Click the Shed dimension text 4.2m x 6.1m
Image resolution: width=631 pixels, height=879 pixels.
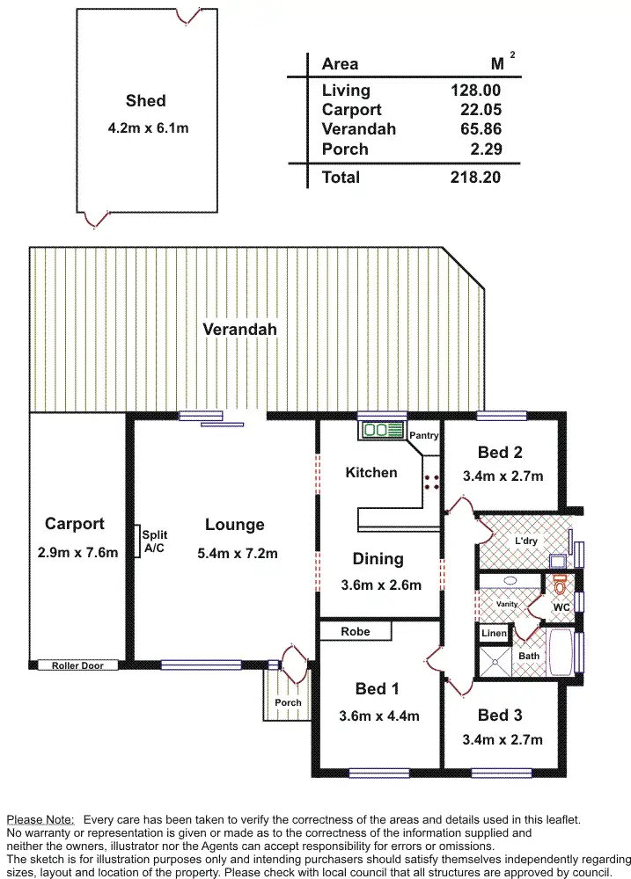147,128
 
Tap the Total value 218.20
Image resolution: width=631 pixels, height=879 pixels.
475,177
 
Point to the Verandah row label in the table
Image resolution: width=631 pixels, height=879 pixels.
358,129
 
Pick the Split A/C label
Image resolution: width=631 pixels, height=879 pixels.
155,541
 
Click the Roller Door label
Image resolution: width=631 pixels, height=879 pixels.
79,665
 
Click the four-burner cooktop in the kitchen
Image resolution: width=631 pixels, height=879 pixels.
432,481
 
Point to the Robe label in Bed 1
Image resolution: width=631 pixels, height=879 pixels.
355,631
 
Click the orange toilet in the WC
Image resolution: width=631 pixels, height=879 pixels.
559,585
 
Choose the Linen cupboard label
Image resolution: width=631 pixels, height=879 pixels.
493,633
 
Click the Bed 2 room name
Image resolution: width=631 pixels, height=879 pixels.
500,453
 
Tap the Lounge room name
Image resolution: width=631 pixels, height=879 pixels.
234,525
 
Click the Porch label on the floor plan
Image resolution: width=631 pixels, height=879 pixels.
288,702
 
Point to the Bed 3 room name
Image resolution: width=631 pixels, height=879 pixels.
500,716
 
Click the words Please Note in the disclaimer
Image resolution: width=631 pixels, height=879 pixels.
40,818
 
